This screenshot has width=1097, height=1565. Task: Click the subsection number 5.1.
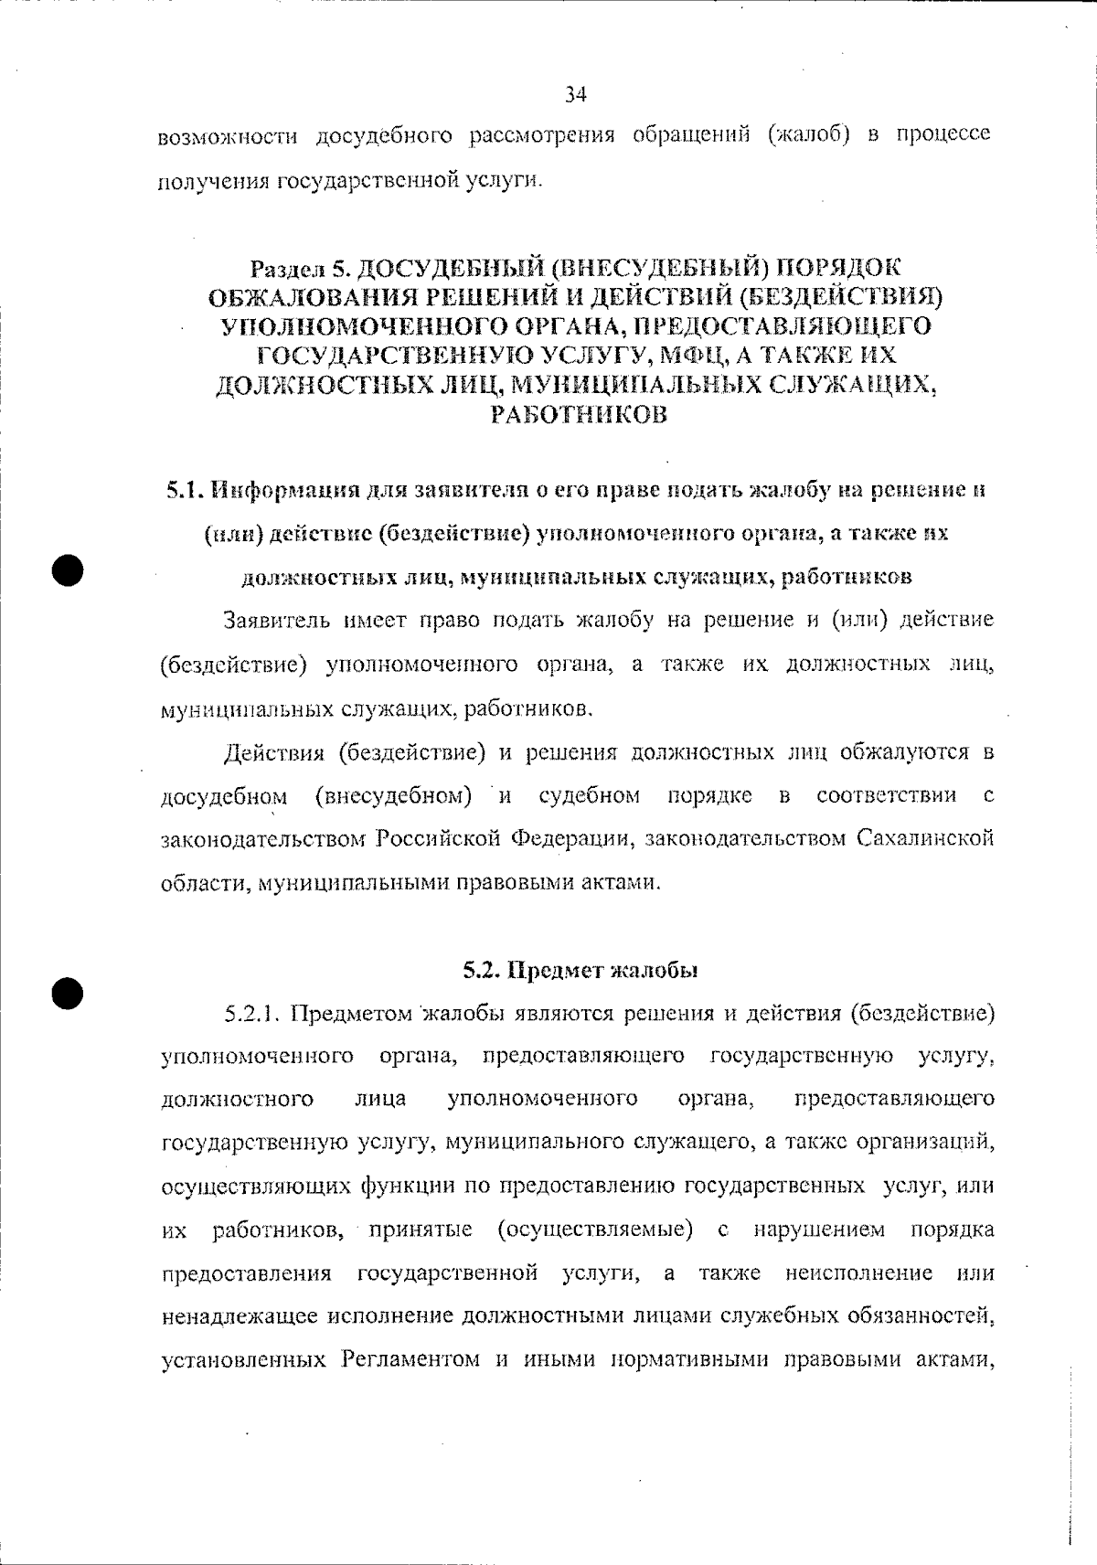pyautogui.click(x=186, y=491)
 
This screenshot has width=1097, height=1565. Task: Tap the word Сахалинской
pyautogui.click(x=925, y=838)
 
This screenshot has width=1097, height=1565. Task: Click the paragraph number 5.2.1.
pyautogui.click(x=256, y=1014)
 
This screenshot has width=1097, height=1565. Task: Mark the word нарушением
pyautogui.click(x=819, y=1230)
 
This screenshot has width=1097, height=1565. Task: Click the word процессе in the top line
pyautogui.click(x=943, y=136)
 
